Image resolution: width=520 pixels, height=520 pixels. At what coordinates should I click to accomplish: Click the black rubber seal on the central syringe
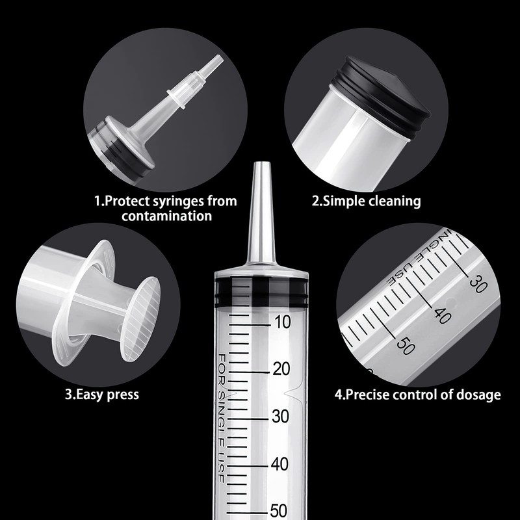tap(260, 290)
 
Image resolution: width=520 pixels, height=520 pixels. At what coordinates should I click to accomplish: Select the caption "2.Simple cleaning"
tap(366, 201)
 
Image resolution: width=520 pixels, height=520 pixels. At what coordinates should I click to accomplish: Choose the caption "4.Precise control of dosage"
tap(417, 394)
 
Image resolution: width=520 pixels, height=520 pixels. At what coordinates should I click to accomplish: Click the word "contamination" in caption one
tap(165, 216)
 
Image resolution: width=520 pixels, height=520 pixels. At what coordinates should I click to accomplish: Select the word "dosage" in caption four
tap(478, 394)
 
